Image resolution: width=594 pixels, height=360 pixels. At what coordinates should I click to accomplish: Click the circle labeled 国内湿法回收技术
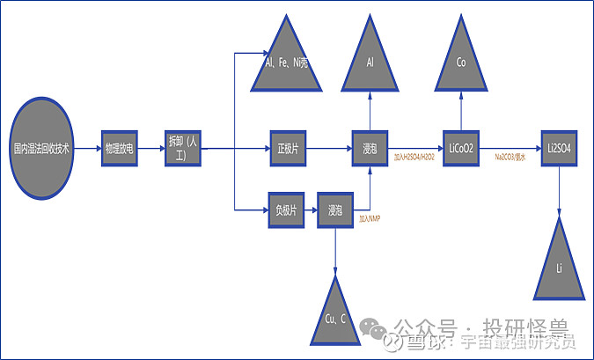click(41, 149)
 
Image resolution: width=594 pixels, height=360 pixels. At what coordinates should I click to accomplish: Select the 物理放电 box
click(118, 150)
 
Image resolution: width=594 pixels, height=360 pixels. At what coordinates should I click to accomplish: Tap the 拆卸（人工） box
click(183, 149)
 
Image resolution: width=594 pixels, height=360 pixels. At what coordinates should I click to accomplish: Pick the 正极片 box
click(286, 149)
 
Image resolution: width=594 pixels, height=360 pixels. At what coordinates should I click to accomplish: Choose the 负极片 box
click(286, 211)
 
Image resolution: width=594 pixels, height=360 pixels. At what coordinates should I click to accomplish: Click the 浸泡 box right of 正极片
click(370, 149)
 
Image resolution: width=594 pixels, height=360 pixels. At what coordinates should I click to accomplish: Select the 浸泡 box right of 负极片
click(334, 211)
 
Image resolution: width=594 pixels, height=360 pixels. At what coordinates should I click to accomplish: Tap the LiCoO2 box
click(460, 149)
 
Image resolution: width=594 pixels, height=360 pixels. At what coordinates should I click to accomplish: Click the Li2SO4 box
click(558, 149)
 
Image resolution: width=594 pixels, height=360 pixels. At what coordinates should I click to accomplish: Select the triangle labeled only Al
click(370, 62)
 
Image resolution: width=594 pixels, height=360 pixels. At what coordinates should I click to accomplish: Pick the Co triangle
click(460, 62)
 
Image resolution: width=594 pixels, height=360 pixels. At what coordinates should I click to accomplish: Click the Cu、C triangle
click(334, 312)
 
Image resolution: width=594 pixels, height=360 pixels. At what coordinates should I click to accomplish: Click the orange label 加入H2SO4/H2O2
click(414, 157)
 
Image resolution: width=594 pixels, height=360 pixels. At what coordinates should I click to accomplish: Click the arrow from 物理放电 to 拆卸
click(150, 150)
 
